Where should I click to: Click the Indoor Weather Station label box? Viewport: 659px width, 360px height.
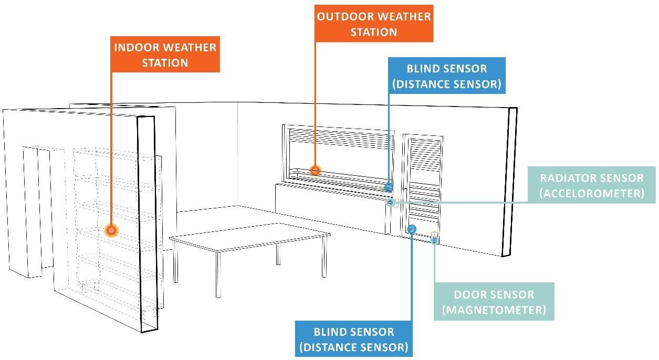[165, 55]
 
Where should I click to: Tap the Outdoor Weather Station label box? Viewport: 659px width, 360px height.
[373, 24]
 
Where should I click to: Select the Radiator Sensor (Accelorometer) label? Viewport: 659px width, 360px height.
[591, 185]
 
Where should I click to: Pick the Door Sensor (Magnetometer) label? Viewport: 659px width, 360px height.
[494, 302]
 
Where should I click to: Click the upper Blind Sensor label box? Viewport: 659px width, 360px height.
[446, 76]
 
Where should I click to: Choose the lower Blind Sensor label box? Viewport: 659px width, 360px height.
[353, 339]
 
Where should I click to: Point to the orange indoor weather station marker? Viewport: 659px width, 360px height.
[111, 230]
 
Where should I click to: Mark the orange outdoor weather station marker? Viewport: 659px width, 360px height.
[315, 171]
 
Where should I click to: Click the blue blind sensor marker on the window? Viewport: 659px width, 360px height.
[389, 187]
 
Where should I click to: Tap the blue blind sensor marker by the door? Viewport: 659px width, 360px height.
[412, 229]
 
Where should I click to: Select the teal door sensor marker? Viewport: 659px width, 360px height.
[434, 240]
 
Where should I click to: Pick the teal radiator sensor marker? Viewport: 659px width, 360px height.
[391, 203]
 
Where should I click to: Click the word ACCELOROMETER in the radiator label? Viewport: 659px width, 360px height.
[591, 193]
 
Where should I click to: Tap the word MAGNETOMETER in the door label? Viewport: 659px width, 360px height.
[494, 310]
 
